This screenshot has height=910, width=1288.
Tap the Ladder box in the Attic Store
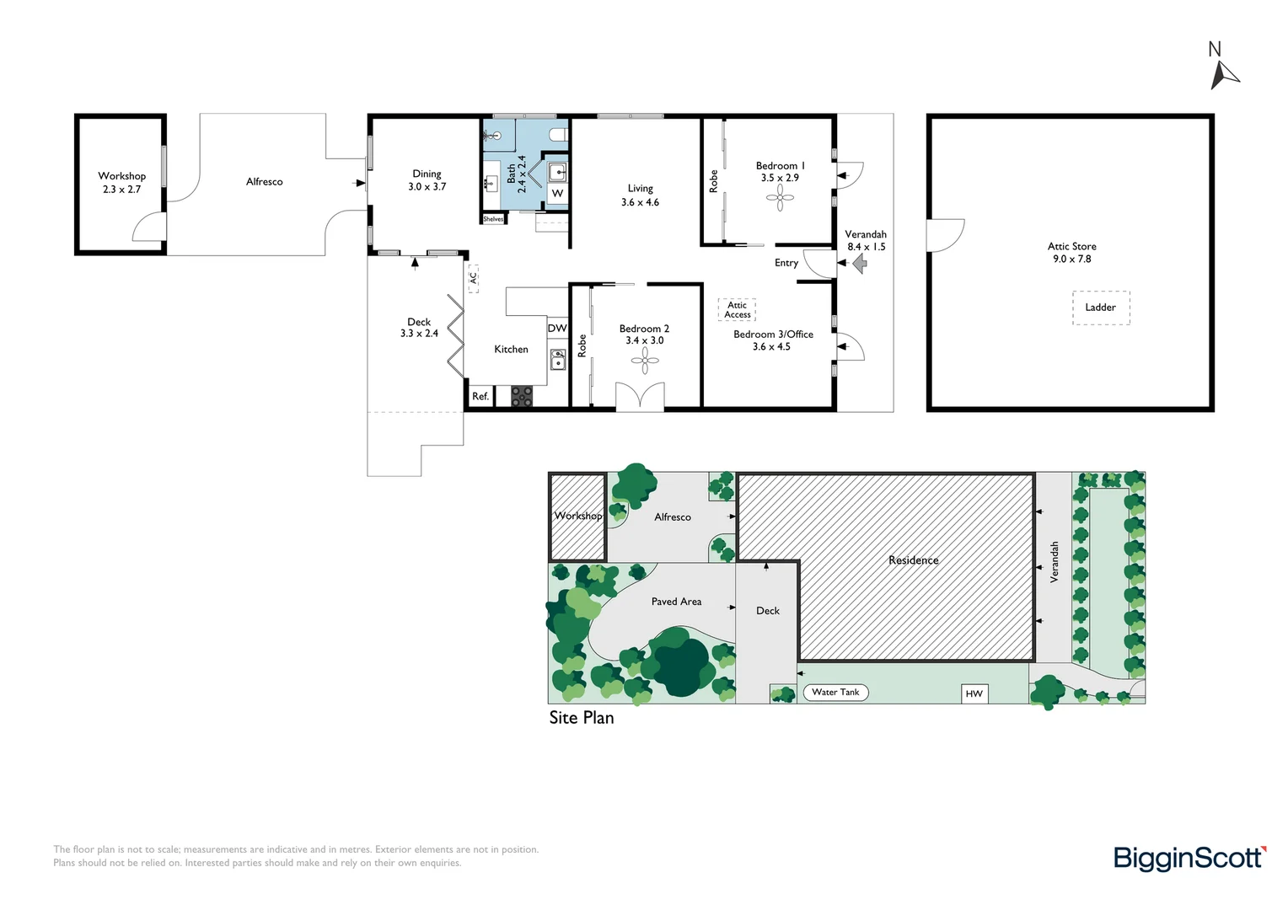(1101, 308)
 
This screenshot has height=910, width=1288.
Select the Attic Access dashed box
(737, 309)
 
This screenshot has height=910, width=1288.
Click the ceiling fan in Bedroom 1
(780, 198)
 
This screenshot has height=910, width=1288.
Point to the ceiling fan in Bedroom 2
(645, 361)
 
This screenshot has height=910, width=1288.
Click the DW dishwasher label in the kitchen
(557, 329)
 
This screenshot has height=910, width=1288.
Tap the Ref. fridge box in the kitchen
(480, 396)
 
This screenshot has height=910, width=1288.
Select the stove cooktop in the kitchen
(522, 396)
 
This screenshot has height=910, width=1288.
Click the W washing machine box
(557, 193)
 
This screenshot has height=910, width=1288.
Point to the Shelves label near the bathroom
(493, 219)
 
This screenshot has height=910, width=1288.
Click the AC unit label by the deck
(473, 278)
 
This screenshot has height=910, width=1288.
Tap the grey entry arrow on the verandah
(860, 263)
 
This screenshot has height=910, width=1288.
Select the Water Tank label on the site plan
(835, 692)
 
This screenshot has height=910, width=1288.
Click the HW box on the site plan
(974, 693)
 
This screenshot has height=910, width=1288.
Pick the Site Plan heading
(582, 717)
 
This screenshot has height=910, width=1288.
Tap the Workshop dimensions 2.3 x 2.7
(122, 189)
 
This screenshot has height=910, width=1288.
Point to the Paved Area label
(676, 602)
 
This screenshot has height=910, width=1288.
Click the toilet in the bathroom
(558, 135)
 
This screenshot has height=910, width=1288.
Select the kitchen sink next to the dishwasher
(557, 360)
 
